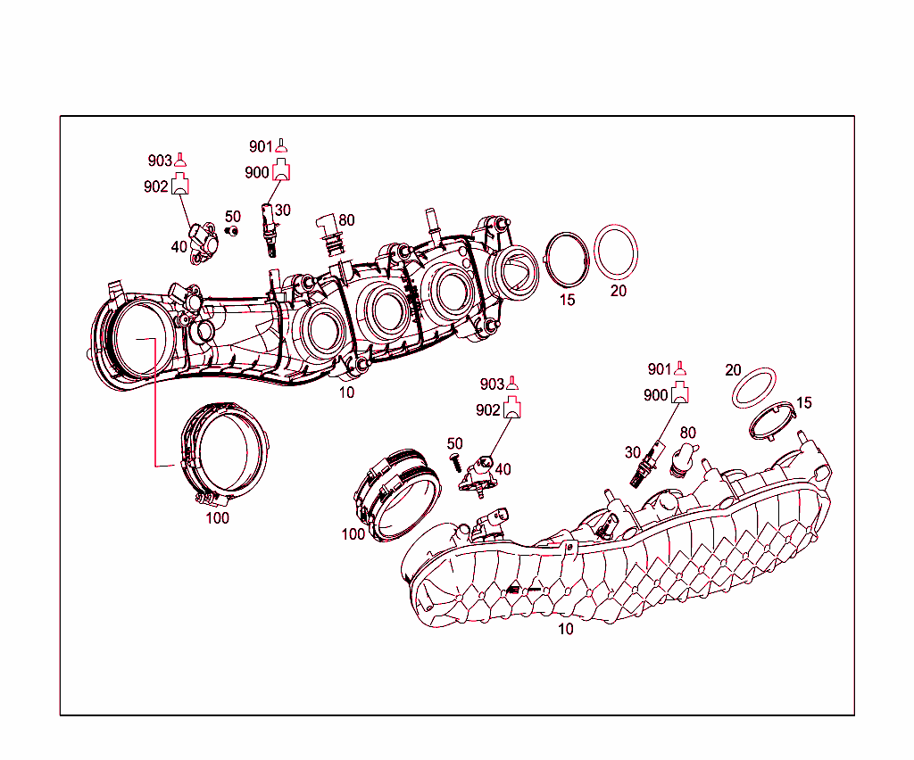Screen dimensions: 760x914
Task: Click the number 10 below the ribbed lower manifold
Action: (x=566, y=629)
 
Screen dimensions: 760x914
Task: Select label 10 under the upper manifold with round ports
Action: (x=346, y=392)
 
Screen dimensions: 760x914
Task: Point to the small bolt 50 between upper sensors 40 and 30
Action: (x=233, y=231)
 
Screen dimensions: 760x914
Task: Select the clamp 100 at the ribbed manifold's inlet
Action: (x=397, y=497)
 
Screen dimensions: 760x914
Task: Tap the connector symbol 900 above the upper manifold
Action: (x=282, y=171)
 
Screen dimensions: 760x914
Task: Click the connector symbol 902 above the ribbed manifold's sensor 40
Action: (x=513, y=409)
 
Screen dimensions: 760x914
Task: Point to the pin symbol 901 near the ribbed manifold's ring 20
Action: (x=680, y=368)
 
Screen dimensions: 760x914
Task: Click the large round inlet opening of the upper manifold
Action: (x=138, y=340)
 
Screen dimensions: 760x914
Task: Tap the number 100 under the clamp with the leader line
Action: (x=217, y=517)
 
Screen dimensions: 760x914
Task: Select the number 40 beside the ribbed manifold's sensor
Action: (x=503, y=469)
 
